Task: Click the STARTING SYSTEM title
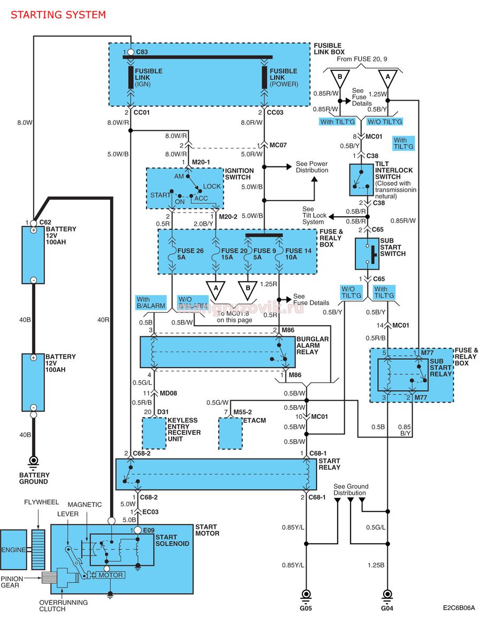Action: pyautogui.click(x=58, y=15)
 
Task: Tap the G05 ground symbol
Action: pyautogui.click(x=306, y=595)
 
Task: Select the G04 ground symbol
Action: pyautogui.click(x=387, y=595)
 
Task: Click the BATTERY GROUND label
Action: pyautogui.click(x=34, y=478)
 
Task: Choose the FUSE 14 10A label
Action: pyautogui.click(x=298, y=254)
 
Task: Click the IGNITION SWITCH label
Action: pyautogui.click(x=239, y=173)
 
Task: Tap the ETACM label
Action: pyautogui.click(x=254, y=420)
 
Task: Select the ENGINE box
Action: pyautogui.click(x=13, y=550)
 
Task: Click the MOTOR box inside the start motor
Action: pyautogui.click(x=110, y=575)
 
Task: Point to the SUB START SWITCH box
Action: pyautogui.click(x=367, y=254)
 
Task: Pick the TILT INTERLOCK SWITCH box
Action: pyautogui.click(x=361, y=180)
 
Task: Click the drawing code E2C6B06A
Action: pyautogui.click(x=459, y=607)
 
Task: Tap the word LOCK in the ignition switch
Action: pyautogui.click(x=212, y=186)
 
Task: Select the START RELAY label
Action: pyautogui.click(x=329, y=464)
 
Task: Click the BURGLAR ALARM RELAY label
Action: pyautogui.click(x=313, y=345)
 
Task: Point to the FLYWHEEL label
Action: pyautogui.click(x=41, y=502)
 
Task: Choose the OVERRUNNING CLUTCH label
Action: pyautogui.click(x=64, y=606)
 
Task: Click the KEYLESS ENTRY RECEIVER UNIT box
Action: pyautogui.click(x=153, y=433)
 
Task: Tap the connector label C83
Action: pyautogui.click(x=142, y=52)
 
